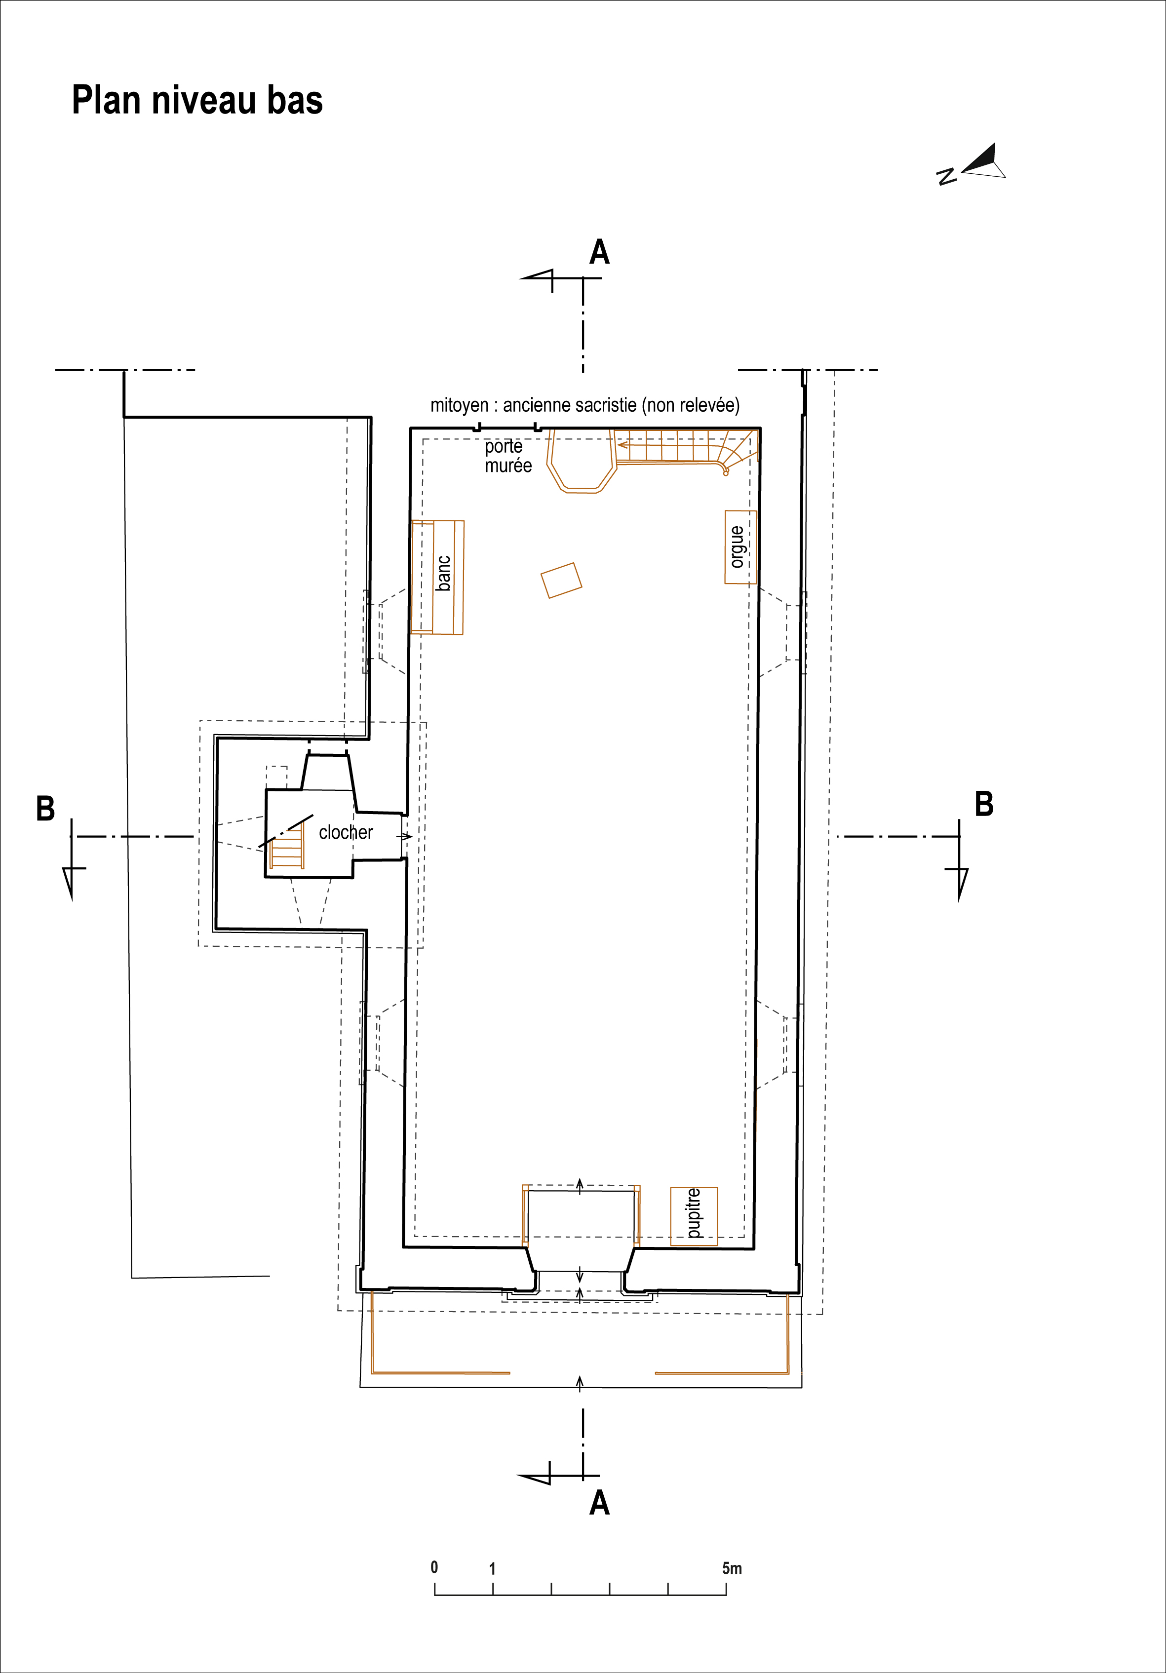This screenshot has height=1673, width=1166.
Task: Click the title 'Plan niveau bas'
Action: (x=197, y=101)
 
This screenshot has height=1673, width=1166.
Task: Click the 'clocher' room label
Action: (x=346, y=832)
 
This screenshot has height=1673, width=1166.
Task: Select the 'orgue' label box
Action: (x=740, y=547)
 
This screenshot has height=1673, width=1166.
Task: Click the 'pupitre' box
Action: (x=694, y=1216)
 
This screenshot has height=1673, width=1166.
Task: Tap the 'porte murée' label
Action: (x=508, y=456)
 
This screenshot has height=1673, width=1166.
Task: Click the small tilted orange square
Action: (x=561, y=581)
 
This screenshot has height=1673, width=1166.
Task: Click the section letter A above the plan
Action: (x=599, y=252)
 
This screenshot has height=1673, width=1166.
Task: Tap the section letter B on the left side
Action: (x=45, y=809)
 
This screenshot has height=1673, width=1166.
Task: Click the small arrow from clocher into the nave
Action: (x=405, y=836)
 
